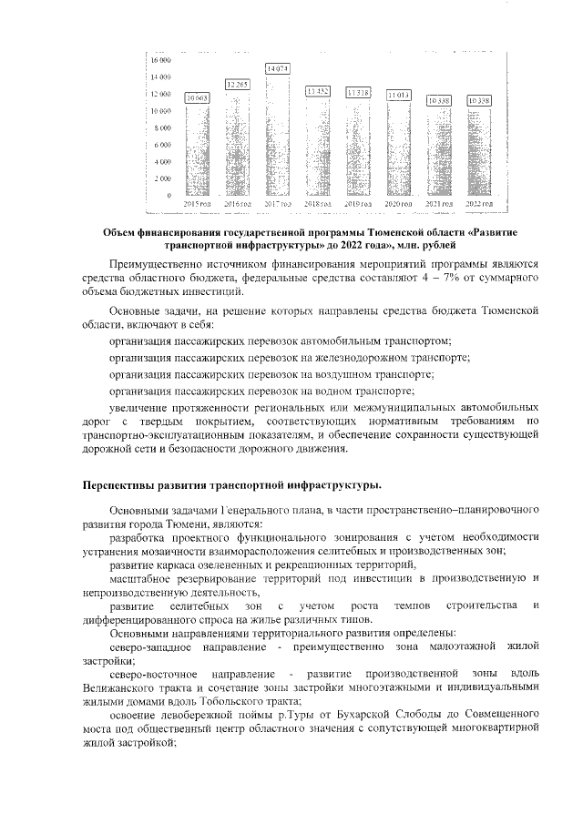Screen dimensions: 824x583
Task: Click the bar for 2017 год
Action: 278,137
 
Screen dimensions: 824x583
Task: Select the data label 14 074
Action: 278,68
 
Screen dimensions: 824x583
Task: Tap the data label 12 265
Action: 238,84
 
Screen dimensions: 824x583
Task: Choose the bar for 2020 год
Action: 398,150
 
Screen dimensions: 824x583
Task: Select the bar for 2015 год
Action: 198,150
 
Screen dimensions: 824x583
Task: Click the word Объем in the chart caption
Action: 120,231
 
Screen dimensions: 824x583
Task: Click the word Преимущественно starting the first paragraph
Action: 155,262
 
